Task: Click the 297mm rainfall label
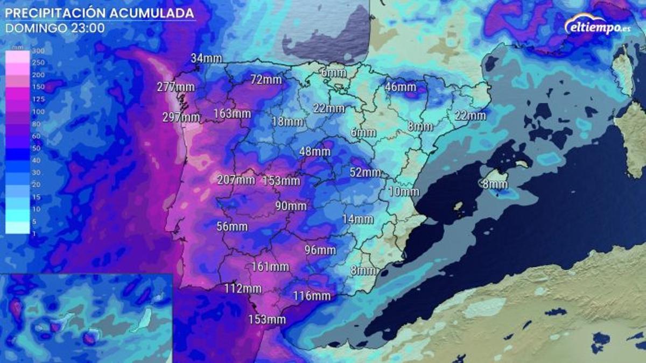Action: [181, 117]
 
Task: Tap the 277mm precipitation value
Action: [175, 87]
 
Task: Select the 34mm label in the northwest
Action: [206, 58]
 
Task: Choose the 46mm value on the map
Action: [401, 87]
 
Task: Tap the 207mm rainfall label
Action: [236, 180]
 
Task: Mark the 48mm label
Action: [314, 152]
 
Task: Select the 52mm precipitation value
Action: [365, 173]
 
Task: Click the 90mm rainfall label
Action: [290, 206]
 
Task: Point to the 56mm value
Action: [232, 226]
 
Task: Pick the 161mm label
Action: [270, 266]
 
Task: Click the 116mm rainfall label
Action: [312, 296]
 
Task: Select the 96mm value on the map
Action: [320, 250]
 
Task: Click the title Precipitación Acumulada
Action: [100, 12]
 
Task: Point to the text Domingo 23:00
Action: [55, 28]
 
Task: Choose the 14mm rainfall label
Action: [357, 219]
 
